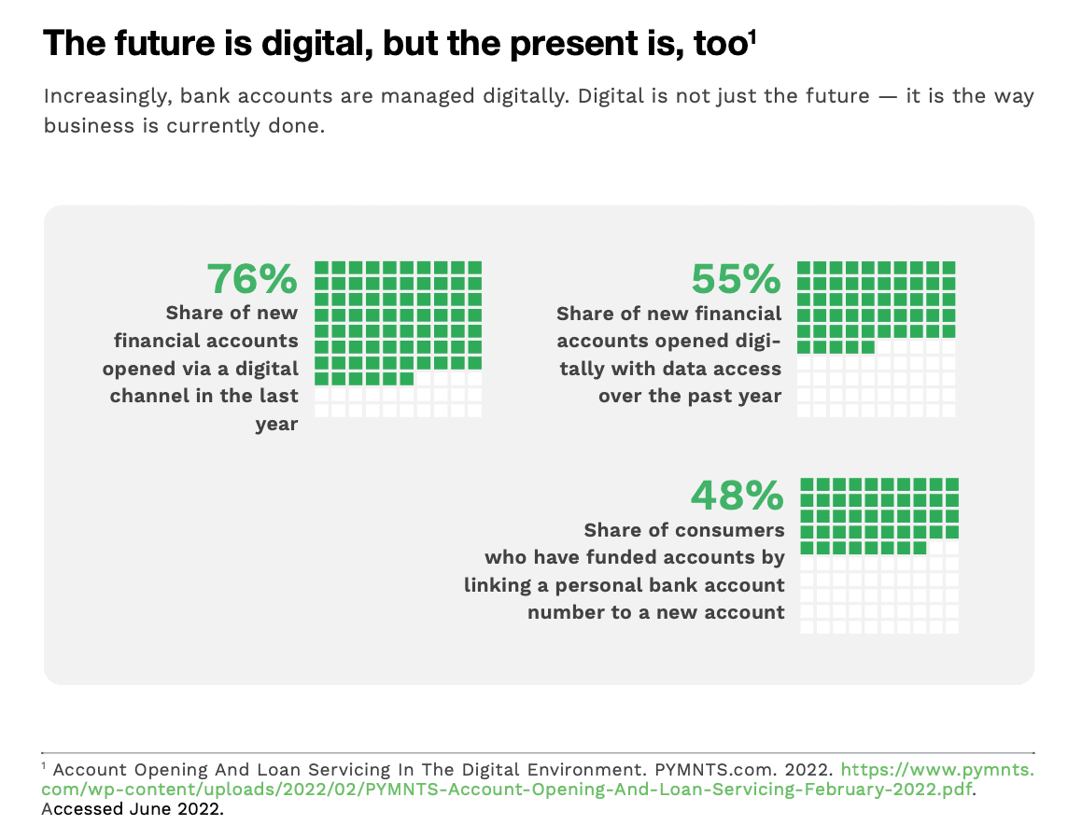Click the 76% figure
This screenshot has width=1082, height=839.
[252, 279]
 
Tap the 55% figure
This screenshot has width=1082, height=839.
[736, 279]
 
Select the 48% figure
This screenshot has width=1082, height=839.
[737, 496]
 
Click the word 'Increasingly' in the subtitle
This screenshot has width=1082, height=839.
[105, 96]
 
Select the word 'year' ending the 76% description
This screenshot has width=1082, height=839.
[276, 425]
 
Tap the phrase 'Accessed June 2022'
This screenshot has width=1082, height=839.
[132, 809]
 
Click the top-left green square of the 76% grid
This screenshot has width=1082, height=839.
[321, 268]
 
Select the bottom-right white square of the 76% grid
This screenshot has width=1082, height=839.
[474, 411]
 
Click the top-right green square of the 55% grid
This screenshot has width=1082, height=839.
[949, 268]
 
